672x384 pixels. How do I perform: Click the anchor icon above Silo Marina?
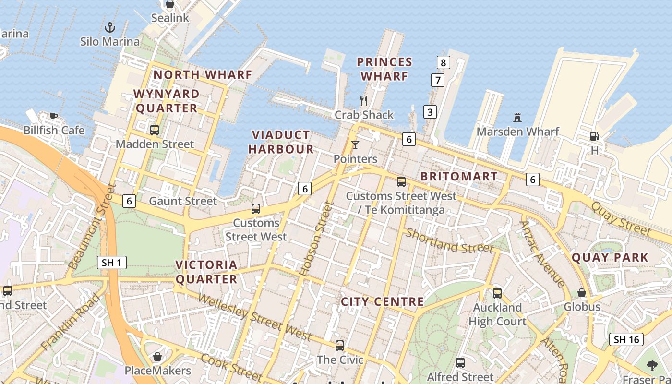click(110, 27)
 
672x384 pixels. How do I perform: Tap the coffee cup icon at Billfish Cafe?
click(54, 116)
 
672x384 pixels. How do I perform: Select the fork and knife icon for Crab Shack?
click(364, 100)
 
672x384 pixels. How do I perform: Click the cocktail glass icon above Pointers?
click(355, 144)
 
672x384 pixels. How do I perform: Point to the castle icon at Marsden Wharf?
click(517, 117)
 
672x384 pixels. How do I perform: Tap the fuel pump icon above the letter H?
click(594, 136)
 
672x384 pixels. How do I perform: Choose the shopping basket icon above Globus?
click(582, 292)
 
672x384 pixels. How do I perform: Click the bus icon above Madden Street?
click(155, 130)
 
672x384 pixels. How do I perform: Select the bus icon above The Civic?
click(340, 345)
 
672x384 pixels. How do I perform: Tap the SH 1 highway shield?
click(112, 263)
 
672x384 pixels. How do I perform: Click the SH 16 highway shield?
click(626, 339)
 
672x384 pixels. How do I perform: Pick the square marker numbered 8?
click(443, 62)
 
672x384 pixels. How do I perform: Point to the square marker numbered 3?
click(430, 112)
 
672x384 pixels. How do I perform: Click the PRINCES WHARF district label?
click(384, 69)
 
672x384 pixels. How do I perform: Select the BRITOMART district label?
click(459, 176)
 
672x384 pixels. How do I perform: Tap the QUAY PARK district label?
click(610, 257)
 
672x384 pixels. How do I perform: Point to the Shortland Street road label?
click(449, 241)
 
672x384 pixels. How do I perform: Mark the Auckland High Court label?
click(497, 314)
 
